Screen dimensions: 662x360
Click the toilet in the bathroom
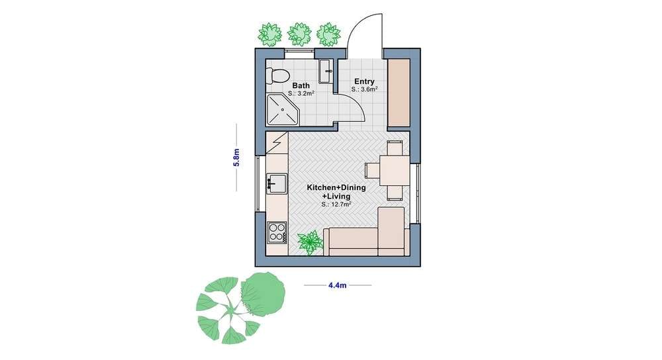(278, 76)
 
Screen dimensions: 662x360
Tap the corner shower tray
(283, 109)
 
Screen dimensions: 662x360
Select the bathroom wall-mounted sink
(326, 71)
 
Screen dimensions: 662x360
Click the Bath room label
(301, 85)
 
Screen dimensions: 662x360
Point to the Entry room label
(364, 81)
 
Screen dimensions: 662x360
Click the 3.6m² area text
(364, 89)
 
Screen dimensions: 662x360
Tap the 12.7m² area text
(336, 204)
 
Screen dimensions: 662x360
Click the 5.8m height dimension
(236, 157)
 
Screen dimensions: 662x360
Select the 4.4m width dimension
(338, 285)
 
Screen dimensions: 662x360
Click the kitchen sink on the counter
(277, 183)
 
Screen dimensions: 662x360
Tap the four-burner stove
(277, 232)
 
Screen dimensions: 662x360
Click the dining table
(395, 171)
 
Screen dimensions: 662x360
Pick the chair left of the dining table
(372, 171)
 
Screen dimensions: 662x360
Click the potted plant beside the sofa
(310, 242)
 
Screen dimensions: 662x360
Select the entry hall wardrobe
(399, 93)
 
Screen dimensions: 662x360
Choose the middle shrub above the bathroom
(299, 34)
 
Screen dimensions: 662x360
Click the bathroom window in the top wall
(299, 54)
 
